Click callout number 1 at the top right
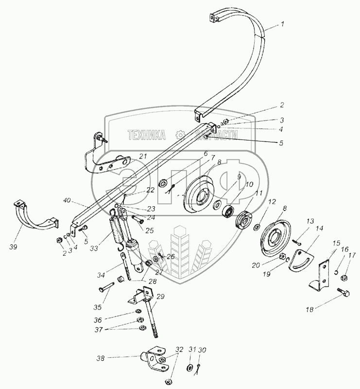283,24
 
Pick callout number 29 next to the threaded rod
161,296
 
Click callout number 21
143,156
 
